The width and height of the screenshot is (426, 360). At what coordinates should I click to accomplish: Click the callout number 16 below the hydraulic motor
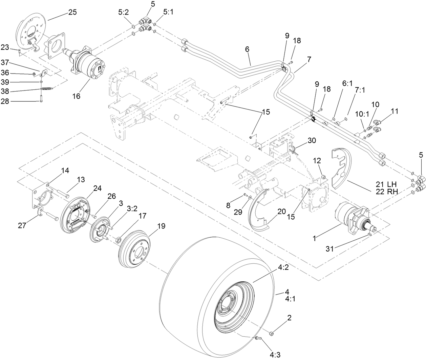76,96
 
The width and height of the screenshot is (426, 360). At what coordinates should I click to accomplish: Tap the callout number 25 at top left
72,12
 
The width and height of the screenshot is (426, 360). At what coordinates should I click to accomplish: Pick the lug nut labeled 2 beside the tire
271,334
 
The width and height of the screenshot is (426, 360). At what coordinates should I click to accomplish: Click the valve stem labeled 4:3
258,338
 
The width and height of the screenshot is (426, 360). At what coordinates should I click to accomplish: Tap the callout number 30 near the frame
312,140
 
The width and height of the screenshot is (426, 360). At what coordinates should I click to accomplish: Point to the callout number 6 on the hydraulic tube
247,49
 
